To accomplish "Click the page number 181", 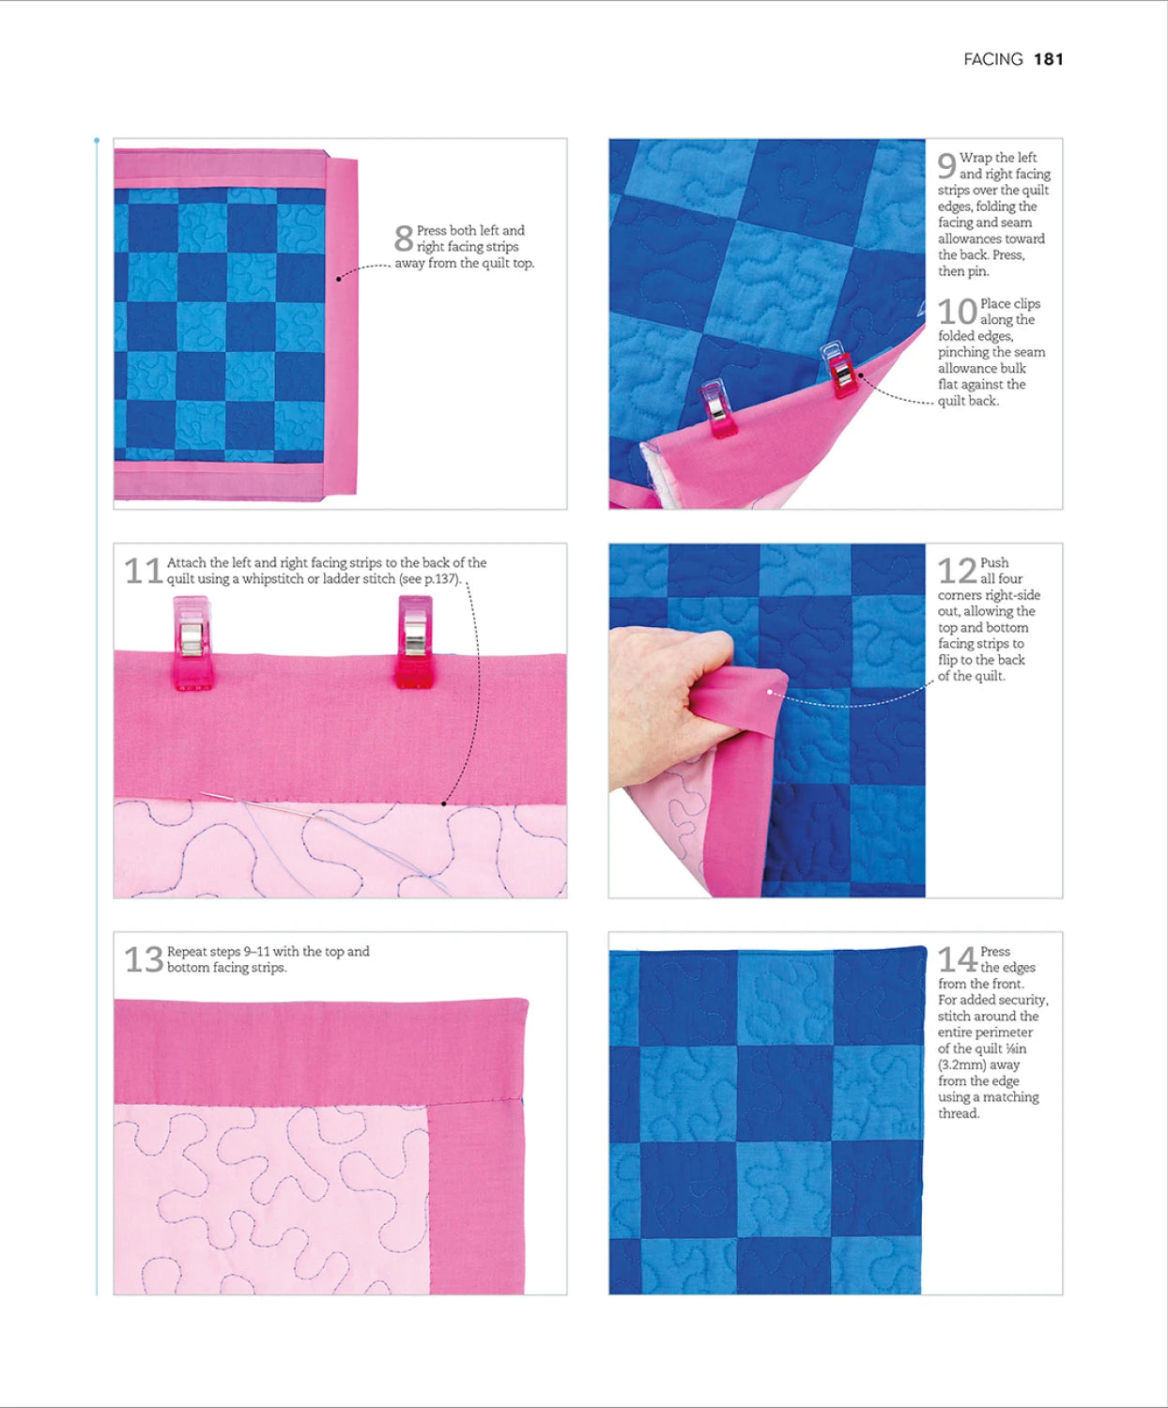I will click(x=1048, y=59).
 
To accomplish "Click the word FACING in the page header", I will click(x=992, y=59).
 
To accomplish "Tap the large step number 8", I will click(x=403, y=238).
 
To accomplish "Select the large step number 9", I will click(x=946, y=166).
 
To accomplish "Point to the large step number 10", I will click(x=957, y=312).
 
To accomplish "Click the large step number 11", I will click(x=144, y=571).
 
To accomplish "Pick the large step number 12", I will click(x=957, y=571).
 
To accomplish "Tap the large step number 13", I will click(x=144, y=959).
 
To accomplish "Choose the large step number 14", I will click(x=957, y=959).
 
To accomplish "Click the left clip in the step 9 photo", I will click(x=717, y=409).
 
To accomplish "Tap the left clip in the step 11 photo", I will click(x=192, y=643).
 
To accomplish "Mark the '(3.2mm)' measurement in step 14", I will click(x=961, y=1064).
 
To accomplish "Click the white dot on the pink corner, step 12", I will click(x=770, y=693).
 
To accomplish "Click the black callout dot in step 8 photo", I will click(x=339, y=279).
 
